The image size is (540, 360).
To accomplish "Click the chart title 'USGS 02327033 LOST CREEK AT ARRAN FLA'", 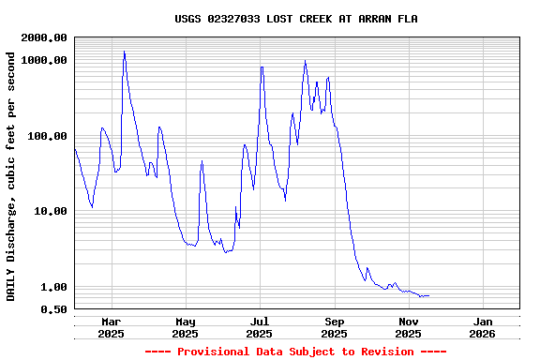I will click(x=296, y=19).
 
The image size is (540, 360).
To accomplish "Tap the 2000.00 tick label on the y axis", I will click(x=44, y=37).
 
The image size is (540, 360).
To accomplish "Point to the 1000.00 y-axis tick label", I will click(x=44, y=60).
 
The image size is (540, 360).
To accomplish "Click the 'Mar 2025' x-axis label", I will click(x=111, y=327).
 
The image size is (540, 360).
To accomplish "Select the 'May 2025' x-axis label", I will click(x=185, y=327).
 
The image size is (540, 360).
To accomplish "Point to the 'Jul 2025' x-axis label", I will click(x=260, y=327).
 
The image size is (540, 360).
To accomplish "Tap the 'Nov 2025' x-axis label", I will click(x=408, y=327).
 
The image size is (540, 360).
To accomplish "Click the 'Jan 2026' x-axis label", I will click(x=482, y=327).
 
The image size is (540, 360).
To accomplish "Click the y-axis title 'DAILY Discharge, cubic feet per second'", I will click(x=11, y=176).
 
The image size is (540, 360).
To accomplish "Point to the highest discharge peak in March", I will click(x=124, y=52).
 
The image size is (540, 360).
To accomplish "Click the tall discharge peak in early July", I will click(x=262, y=67).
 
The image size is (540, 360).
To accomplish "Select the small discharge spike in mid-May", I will click(x=202, y=161).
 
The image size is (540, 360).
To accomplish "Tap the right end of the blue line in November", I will click(x=428, y=296).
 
